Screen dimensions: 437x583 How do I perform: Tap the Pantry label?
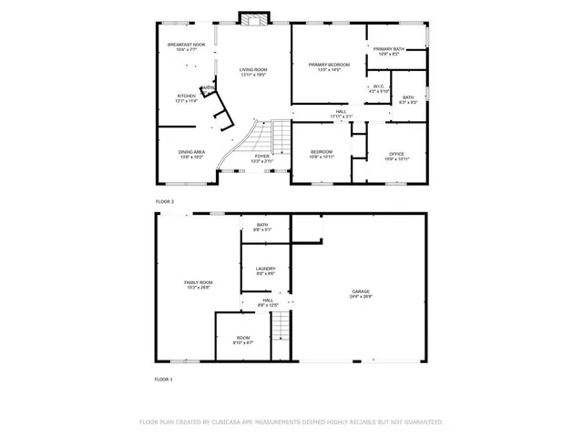coord(209,87)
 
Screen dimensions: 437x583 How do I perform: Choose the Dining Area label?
coord(191,154)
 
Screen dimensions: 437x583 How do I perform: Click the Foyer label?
coord(262,158)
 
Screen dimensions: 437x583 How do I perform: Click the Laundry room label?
coord(265,270)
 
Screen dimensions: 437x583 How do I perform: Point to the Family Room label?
coord(199,284)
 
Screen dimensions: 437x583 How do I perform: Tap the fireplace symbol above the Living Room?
coord(251,18)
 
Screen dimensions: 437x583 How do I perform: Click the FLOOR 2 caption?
coord(164,201)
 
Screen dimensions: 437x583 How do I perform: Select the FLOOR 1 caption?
coord(164,379)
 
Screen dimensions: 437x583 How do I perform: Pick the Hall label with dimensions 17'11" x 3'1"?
coord(342,113)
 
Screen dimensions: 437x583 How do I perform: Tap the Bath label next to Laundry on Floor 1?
coord(262,227)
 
